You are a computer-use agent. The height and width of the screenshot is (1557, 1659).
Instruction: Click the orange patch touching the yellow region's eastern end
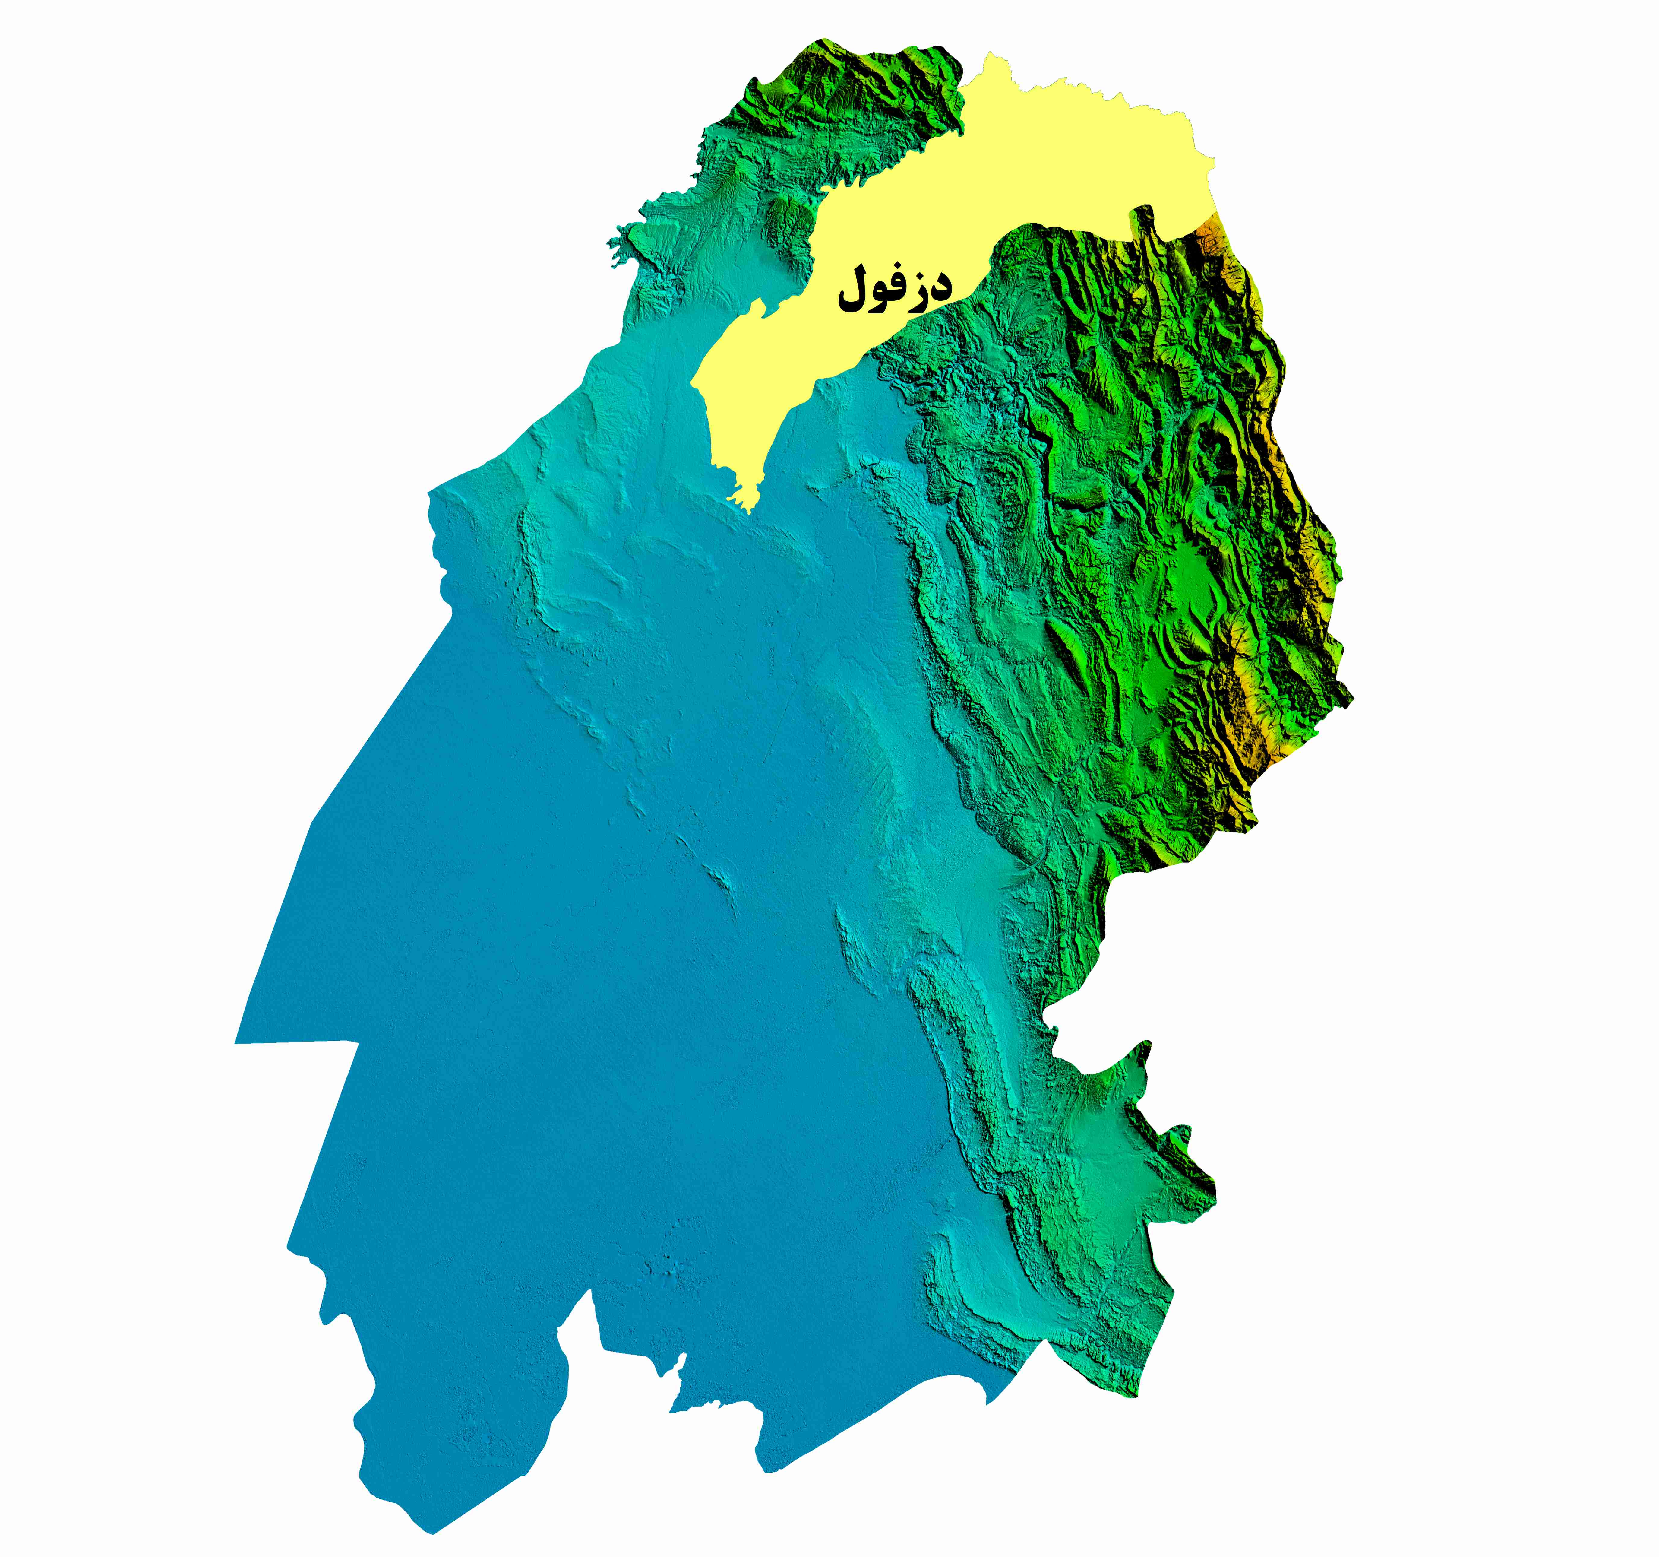click(1208, 230)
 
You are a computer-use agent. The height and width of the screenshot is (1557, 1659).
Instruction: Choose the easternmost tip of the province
click(1352, 696)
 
